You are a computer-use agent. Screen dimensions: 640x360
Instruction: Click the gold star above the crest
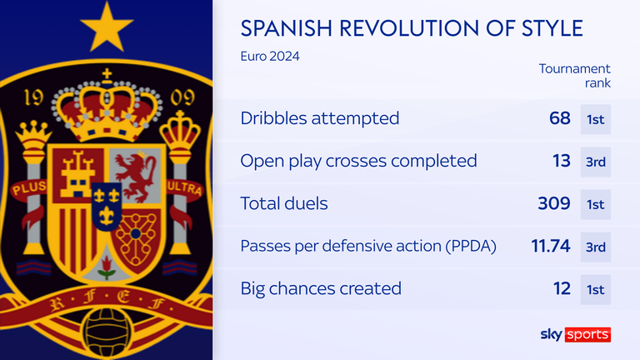(x=107, y=28)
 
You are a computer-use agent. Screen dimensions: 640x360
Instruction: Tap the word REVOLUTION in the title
(x=408, y=28)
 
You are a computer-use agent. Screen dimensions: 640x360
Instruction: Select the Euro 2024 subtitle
(x=270, y=56)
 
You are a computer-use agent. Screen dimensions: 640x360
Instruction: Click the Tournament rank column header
(x=575, y=76)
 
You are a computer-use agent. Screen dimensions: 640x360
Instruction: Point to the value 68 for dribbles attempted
(x=560, y=118)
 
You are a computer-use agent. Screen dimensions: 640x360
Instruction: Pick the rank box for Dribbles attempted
(x=596, y=120)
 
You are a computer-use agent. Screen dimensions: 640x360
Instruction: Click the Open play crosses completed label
(x=358, y=161)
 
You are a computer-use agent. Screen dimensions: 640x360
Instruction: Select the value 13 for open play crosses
(x=561, y=161)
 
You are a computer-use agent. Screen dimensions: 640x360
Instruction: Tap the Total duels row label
(x=284, y=203)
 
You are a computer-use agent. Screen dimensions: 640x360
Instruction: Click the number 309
(x=554, y=203)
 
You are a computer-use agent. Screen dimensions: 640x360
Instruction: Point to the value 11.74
(x=551, y=246)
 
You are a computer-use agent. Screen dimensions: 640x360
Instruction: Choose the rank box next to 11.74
(x=596, y=247)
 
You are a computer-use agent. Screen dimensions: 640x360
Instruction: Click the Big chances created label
(x=321, y=288)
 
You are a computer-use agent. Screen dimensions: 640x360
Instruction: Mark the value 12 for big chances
(x=562, y=288)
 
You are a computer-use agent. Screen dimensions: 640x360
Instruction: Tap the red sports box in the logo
(x=587, y=334)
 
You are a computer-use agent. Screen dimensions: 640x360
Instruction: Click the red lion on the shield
(x=136, y=177)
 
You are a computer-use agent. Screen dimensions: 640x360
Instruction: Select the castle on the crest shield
(x=77, y=174)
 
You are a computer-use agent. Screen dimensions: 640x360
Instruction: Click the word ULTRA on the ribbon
(x=184, y=188)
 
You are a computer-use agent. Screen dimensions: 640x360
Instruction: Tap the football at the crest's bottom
(x=107, y=332)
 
